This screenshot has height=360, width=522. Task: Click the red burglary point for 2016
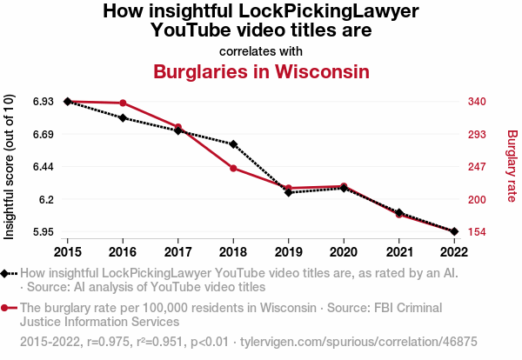[123, 103]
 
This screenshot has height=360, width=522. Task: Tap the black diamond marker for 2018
[233, 143]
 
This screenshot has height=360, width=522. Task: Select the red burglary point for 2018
[233, 168]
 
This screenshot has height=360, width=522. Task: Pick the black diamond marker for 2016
[123, 117]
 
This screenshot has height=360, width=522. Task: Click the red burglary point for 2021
[398, 214]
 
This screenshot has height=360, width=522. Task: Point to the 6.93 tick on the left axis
[42, 102]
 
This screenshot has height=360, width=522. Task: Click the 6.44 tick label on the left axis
[42, 167]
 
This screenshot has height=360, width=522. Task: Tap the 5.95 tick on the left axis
[42, 232]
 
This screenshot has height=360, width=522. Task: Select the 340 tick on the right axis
[478, 102]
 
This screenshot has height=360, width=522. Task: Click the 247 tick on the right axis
[478, 167]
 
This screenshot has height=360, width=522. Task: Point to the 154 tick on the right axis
[478, 232]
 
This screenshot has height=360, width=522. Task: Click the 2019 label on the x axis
[288, 252]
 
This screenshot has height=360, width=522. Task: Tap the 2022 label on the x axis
[453, 252]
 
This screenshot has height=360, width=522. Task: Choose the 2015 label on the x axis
[68, 252]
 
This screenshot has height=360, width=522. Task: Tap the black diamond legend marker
[7, 273]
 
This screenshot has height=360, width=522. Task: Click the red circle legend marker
[7, 308]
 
